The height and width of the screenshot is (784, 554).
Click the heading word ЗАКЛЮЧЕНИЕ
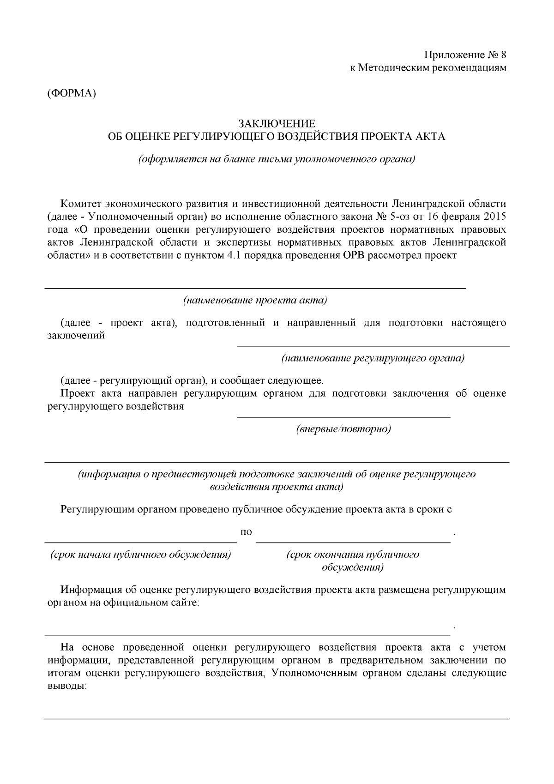click(277, 124)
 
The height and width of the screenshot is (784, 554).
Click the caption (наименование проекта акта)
click(255, 301)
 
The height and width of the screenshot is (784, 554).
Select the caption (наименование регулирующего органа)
click(373, 358)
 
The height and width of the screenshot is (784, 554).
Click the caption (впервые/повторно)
click(343, 429)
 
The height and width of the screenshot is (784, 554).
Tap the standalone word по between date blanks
click(247, 532)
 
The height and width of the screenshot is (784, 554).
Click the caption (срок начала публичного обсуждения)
click(140, 555)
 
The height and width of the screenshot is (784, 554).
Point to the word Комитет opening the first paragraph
click(81, 203)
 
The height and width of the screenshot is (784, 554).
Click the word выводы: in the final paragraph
click(67, 686)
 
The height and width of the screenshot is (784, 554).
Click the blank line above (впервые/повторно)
click(343, 417)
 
